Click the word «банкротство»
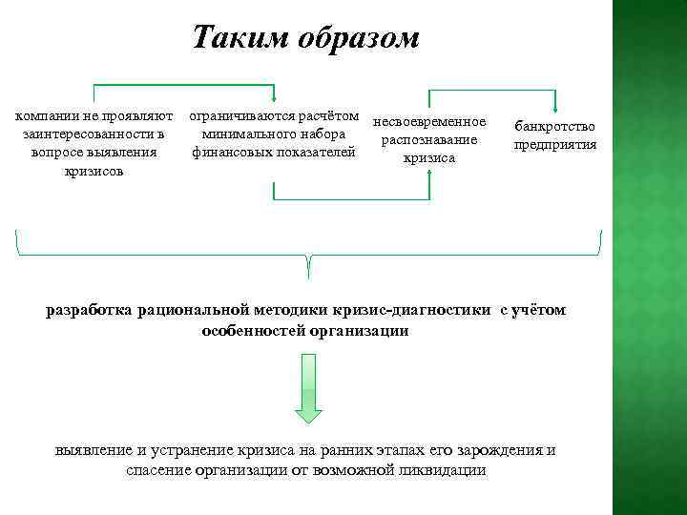point(554,126)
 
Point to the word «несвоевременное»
point(429,122)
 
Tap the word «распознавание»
point(428,140)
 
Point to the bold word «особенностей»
point(251,330)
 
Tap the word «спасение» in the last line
point(161,470)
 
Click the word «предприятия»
point(554,145)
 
